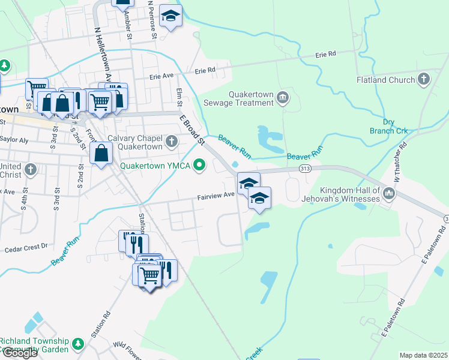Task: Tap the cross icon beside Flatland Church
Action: [423, 79]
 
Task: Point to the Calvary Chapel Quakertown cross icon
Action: [172, 142]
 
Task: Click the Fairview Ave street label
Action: [216, 196]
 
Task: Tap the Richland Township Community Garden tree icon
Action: [77, 344]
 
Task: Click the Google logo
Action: [19, 353]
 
